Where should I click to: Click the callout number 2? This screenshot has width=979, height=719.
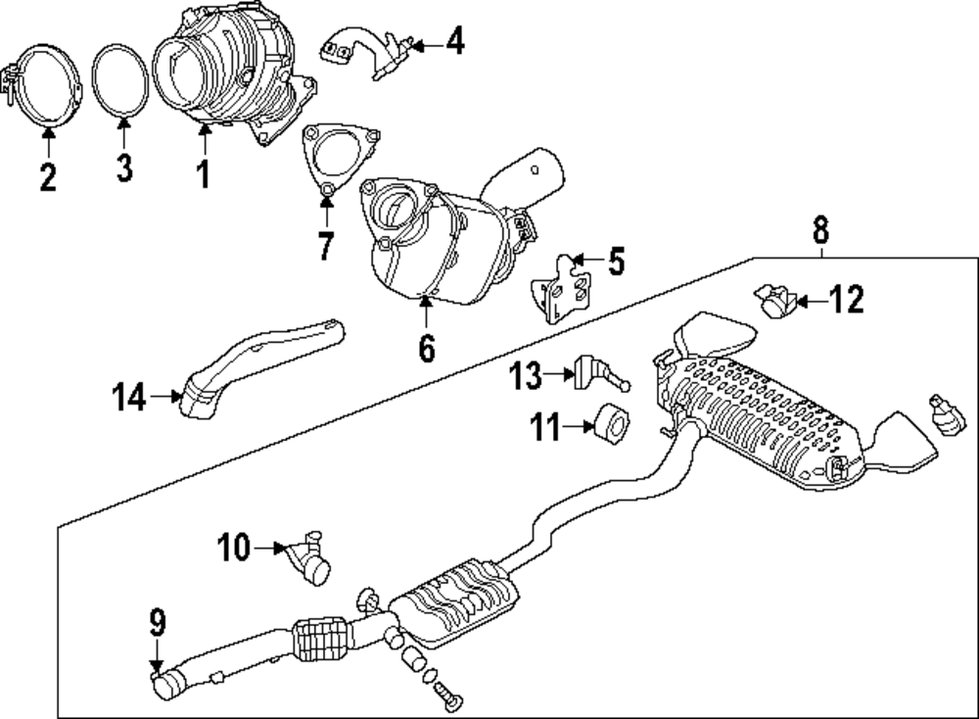[x=47, y=178]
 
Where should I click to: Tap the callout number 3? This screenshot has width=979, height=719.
[x=123, y=168]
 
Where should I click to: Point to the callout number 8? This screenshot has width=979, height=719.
[x=820, y=231]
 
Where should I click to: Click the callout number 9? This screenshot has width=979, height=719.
[x=158, y=623]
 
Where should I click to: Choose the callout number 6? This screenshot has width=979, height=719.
[x=426, y=347]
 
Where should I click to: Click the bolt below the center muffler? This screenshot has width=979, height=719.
[x=449, y=697]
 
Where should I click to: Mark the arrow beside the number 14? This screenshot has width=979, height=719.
[x=163, y=397]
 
